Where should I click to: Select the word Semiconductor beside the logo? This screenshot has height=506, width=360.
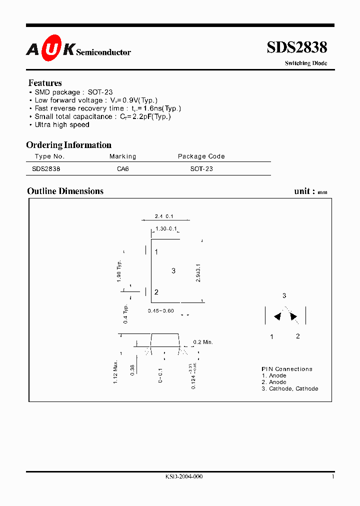[x=103, y=51]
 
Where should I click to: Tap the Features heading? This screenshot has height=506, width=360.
[x=45, y=83]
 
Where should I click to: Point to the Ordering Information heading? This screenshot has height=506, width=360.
[x=69, y=145]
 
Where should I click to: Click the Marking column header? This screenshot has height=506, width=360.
[x=122, y=156]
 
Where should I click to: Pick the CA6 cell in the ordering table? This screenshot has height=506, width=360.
[x=122, y=169]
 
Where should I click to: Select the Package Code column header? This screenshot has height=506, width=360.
[x=201, y=156]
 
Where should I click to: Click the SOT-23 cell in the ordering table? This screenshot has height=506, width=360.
[x=201, y=169]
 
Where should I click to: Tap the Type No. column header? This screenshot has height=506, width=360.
[x=50, y=156]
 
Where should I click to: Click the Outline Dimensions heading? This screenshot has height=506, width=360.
[x=65, y=191]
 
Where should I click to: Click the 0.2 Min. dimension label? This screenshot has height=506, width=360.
[x=203, y=342]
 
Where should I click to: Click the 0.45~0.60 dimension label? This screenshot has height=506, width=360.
[x=161, y=311]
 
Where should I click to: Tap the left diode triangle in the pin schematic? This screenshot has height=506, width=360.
[x=276, y=316]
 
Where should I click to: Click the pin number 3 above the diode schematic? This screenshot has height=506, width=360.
[x=284, y=295]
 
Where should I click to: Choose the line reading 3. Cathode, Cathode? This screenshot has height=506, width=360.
[x=290, y=388]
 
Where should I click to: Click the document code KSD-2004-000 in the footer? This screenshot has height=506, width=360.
[x=184, y=476]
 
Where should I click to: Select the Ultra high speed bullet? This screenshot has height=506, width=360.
[x=61, y=124]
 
